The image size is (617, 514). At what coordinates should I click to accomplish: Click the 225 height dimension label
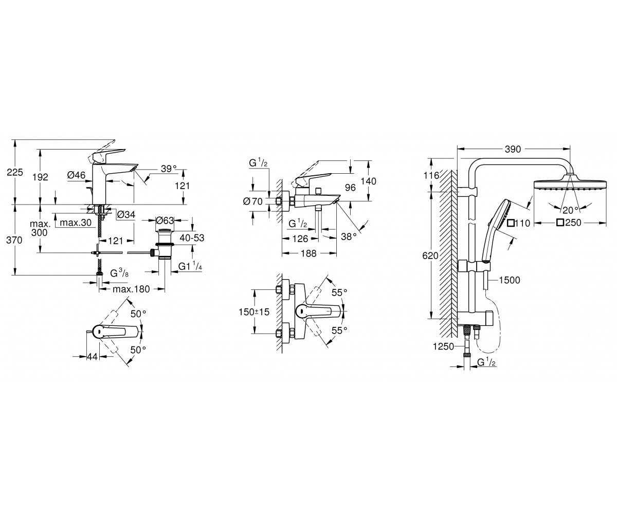(15, 172)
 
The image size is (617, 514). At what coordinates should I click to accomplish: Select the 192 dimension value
(40, 177)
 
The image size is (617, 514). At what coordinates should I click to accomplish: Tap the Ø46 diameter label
(76, 175)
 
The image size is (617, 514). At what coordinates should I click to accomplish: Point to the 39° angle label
(169, 169)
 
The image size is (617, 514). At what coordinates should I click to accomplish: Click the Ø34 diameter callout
(126, 214)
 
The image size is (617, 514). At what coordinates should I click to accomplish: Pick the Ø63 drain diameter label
(165, 221)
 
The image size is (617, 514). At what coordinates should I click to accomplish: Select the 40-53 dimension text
(192, 237)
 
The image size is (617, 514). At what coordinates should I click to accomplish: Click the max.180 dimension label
(132, 289)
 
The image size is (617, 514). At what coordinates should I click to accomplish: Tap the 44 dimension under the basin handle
(92, 357)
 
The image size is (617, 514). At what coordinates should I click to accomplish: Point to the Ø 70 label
(252, 201)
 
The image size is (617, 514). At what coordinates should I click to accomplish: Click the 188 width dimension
(309, 253)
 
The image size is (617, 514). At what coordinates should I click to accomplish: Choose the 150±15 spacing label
(254, 312)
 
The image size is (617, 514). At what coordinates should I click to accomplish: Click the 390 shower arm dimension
(513, 149)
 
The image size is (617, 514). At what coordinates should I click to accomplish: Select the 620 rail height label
(430, 255)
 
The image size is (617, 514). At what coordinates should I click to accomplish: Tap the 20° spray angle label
(570, 210)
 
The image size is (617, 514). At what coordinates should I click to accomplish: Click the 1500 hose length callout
(510, 280)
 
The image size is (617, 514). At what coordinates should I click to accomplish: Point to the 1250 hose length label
(443, 346)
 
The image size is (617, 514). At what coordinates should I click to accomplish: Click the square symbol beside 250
(560, 223)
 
